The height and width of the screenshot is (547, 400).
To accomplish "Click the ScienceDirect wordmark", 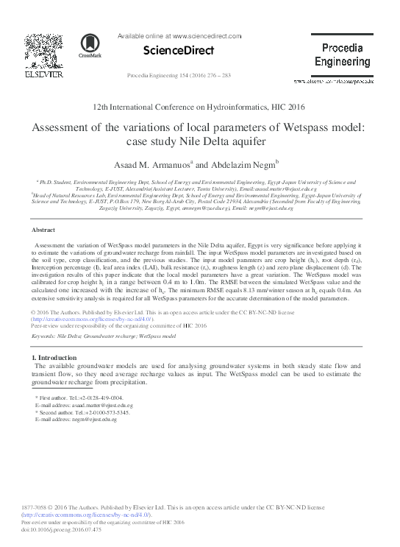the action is point(177,51).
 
